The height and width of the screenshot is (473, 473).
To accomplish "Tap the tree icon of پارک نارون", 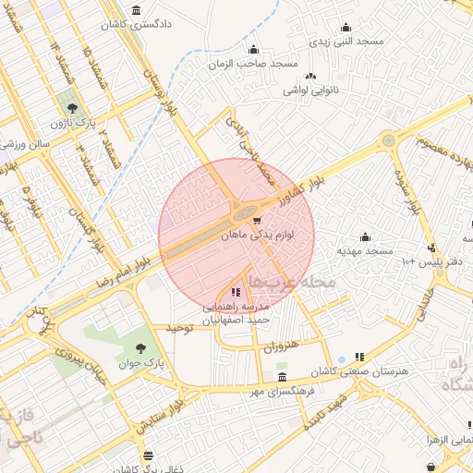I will coord(68,100).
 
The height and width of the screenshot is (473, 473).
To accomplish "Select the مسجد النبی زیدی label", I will coord(346,42).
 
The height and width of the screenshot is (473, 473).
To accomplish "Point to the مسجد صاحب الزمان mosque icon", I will coord(253,50).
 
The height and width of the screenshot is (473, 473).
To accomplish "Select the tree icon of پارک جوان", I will coord(140,349).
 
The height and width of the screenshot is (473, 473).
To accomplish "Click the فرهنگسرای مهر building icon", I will coord(282,377).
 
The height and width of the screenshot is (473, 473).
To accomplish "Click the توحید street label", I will coord(177,328).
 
